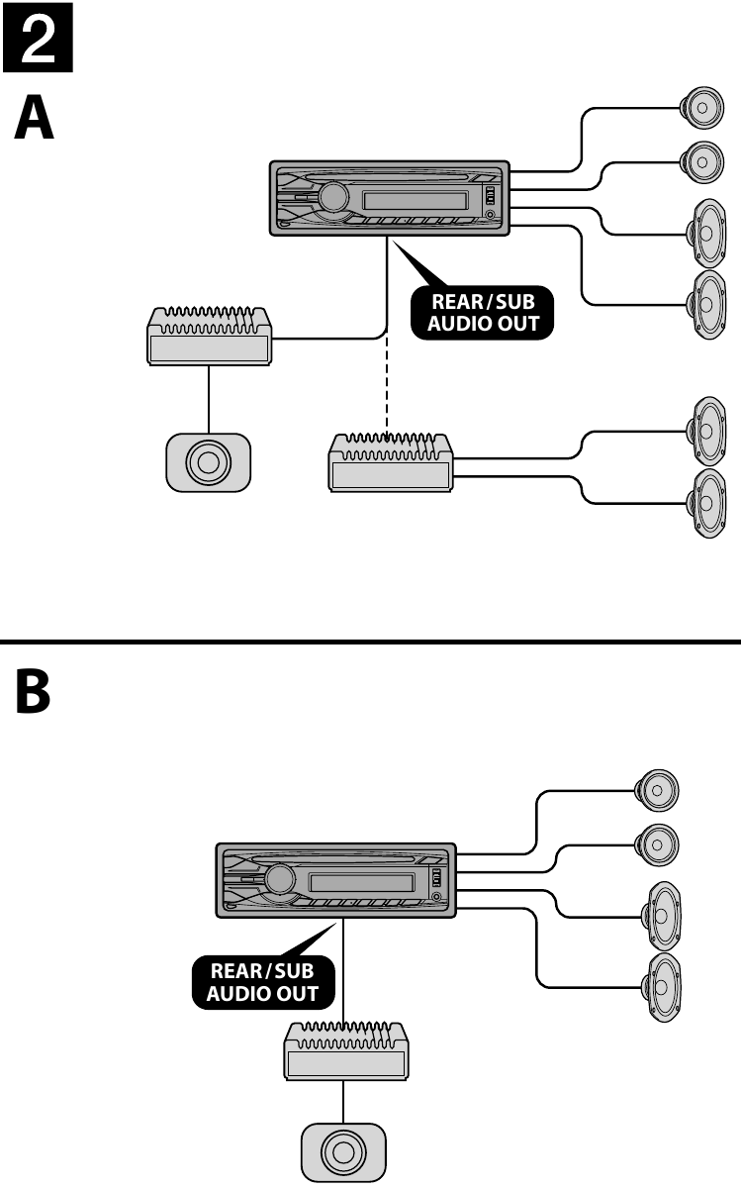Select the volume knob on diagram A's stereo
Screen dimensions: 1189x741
(x=334, y=197)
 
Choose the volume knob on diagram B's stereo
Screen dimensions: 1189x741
(x=281, y=878)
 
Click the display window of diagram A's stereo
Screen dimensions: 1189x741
(x=416, y=201)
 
